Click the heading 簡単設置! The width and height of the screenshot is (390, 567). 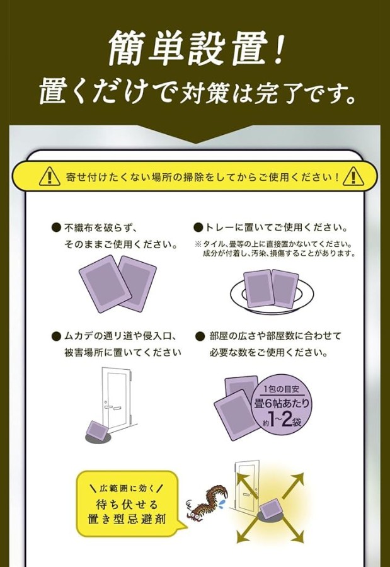pos(195,48)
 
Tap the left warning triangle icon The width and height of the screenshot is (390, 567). pos(50,176)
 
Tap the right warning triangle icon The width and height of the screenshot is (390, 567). pos(353,176)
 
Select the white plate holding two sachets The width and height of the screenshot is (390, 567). pos(272,294)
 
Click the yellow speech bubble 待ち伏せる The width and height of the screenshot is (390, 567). pos(127,504)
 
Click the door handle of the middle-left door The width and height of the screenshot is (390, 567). pos(108,406)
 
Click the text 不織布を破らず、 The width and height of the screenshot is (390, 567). pos(100,228)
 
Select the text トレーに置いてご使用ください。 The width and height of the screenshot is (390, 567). pos(277,227)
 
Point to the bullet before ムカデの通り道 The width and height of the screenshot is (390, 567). pos(56,336)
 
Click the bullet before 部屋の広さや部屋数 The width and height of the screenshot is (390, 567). pos(199,336)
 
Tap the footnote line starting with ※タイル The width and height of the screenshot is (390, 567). pos(273,244)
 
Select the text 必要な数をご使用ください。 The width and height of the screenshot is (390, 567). pos(268,352)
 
